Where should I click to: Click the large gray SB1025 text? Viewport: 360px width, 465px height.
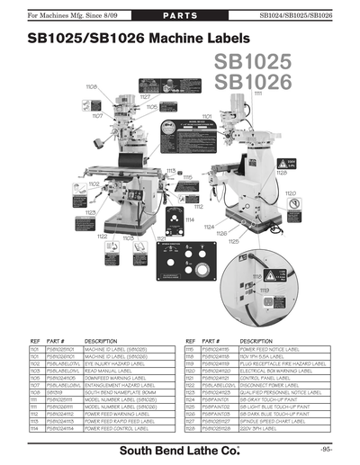[265, 65]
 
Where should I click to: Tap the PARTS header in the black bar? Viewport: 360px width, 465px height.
[179, 17]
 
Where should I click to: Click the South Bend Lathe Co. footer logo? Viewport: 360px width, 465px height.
[179, 448]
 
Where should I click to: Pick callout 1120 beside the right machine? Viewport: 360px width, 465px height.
[291, 193]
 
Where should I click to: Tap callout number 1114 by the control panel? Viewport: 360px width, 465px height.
[190, 219]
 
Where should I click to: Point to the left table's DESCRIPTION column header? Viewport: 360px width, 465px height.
[101, 343]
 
